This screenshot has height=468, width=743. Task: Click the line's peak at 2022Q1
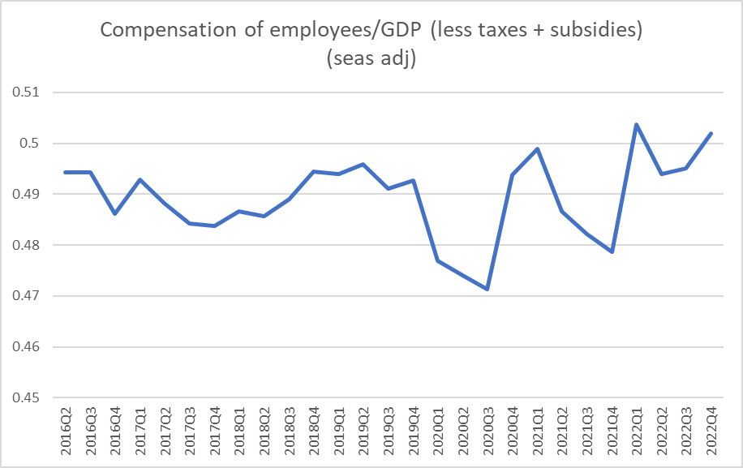click(x=637, y=124)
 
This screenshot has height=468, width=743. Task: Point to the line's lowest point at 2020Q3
click(x=487, y=289)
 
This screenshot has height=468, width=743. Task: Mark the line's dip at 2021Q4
click(x=612, y=251)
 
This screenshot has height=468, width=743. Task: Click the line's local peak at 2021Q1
click(x=537, y=148)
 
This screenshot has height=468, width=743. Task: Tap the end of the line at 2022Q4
click(x=711, y=133)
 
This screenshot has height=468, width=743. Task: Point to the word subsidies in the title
click(x=593, y=32)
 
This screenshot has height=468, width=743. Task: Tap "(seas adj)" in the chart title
click(x=371, y=59)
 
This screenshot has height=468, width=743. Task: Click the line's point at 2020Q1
click(x=438, y=260)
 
